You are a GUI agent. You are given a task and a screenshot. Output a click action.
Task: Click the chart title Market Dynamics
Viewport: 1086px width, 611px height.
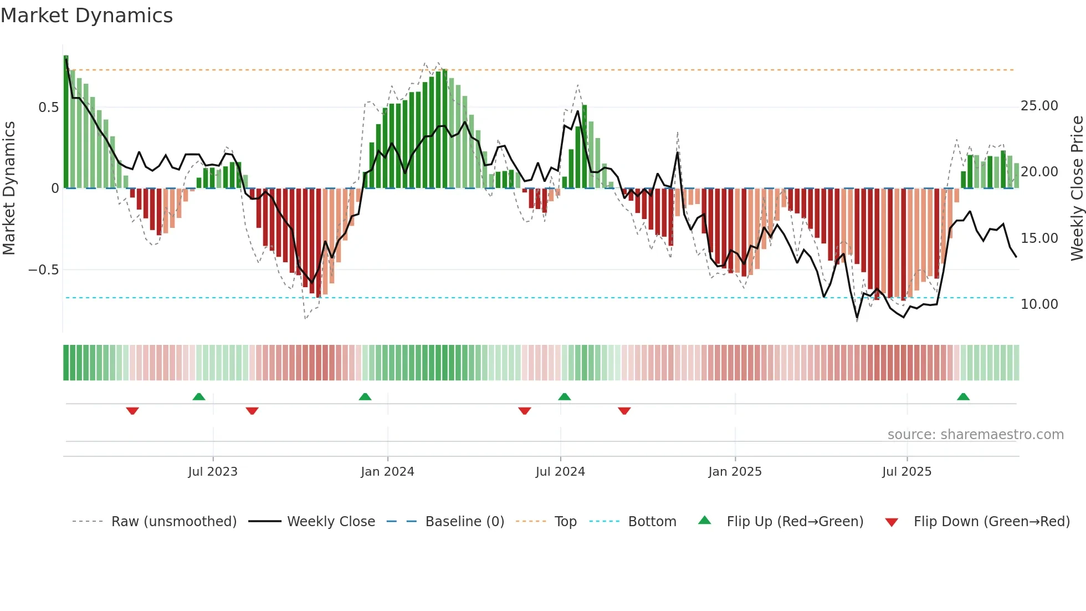point(86,16)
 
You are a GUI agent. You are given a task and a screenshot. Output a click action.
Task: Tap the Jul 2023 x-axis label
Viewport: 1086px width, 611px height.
point(213,472)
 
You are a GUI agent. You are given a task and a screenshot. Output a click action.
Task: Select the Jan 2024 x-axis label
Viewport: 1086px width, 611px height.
point(387,472)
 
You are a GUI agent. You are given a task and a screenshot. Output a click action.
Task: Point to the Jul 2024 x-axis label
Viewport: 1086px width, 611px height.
point(560,472)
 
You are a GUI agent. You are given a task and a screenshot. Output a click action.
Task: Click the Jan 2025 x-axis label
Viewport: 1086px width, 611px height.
point(735,472)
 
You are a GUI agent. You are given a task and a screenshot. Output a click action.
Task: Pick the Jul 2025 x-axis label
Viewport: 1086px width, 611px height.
point(906,472)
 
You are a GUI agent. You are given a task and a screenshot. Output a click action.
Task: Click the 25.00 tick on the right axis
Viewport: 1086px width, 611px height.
point(1039,106)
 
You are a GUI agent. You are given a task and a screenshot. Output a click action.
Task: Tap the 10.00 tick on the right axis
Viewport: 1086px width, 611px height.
point(1039,304)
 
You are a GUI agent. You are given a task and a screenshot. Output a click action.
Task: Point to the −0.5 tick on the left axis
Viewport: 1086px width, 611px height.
point(44,270)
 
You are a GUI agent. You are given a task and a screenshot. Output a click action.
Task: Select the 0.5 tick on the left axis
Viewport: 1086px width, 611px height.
point(48,108)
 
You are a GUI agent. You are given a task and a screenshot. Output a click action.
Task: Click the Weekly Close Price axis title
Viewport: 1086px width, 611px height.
point(1077,189)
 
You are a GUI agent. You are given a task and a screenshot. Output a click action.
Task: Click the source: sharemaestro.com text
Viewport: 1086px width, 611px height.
point(975,435)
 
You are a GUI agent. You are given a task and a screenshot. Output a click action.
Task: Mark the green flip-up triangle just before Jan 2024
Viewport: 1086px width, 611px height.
point(365,396)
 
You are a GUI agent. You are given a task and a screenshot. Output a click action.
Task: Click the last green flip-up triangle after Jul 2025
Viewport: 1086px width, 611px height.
point(963,396)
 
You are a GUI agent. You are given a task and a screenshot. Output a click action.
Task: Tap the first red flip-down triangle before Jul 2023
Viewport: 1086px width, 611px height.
point(132,411)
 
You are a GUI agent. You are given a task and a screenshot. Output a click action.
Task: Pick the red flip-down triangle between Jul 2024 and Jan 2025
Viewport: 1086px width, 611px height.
point(624,411)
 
